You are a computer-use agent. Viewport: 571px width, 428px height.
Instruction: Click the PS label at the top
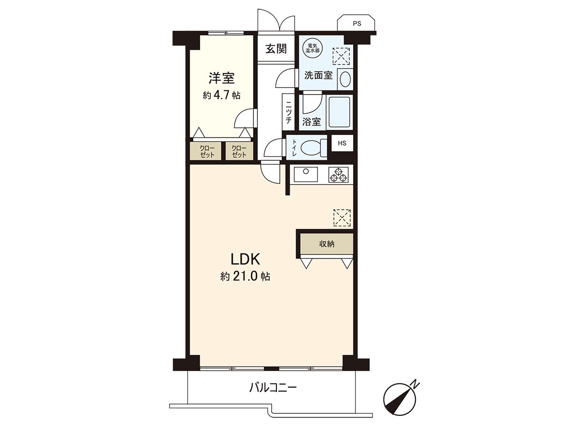point(357,24)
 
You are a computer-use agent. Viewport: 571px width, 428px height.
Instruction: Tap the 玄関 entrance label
point(276,49)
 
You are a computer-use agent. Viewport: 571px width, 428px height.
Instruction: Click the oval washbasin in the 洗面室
point(345,79)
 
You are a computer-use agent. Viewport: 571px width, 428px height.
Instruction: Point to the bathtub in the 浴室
point(339,112)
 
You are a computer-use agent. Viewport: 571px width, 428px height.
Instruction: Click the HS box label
point(342,143)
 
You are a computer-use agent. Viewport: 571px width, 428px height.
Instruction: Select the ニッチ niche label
point(289,112)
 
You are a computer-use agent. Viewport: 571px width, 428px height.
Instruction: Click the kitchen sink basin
point(305,175)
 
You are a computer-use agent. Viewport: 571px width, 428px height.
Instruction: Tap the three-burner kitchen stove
point(338,175)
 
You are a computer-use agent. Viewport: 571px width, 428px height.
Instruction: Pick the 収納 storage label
point(327,244)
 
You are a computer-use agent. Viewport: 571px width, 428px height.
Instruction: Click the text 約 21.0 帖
point(245,277)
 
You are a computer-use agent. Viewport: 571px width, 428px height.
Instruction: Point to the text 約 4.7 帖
point(221,96)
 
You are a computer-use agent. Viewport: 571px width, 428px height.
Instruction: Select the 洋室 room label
point(222,78)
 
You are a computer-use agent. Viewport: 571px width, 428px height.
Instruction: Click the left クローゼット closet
point(206,151)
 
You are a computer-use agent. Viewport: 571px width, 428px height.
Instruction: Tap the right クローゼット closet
point(239,151)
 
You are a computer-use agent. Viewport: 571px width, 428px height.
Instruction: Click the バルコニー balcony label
point(273,395)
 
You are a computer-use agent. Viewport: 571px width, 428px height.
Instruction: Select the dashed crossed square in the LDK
point(342,218)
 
